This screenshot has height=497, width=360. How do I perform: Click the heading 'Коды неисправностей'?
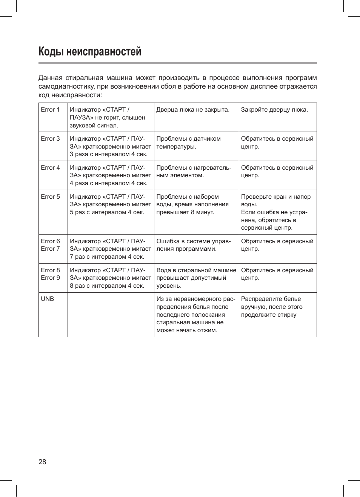coord(90,52)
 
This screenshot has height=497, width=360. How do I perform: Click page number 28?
coord(42,462)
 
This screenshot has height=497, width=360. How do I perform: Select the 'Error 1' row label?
coord(50,110)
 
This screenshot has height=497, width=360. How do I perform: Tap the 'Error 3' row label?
coord(50,139)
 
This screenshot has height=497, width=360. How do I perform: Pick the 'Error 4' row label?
coord(50,168)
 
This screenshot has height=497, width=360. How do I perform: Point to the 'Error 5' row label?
coord(50,197)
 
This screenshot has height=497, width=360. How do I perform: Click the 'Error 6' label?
coord(50,241)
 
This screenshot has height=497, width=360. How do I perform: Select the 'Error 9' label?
coord(50,278)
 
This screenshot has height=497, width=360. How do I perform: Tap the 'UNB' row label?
coord(48,299)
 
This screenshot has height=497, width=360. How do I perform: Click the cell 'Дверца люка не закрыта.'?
coord(193,110)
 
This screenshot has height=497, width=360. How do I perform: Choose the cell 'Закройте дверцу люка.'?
coord(274,110)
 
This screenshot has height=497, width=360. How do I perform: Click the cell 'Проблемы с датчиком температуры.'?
coord(188,143)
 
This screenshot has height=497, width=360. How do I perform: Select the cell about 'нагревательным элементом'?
coord(194,172)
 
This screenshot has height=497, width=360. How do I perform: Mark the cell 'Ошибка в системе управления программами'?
coord(194,245)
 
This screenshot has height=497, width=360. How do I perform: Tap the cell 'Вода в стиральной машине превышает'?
coord(196,278)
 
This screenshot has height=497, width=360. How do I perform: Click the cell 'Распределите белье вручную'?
coord(272,307)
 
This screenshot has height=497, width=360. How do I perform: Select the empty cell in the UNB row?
coord(111,314)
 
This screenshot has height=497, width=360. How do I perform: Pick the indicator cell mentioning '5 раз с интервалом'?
coord(110,204)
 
